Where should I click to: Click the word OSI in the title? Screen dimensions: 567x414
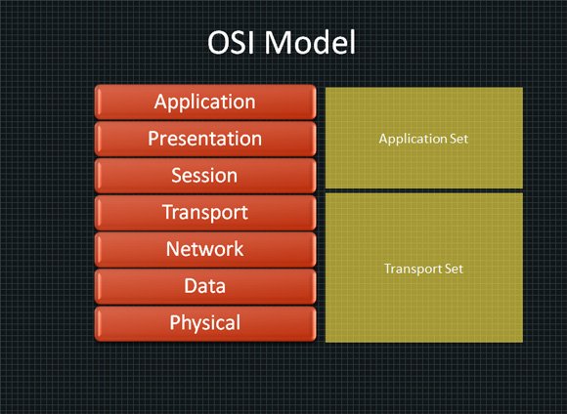233,42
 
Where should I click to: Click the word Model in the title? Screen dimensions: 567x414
310,42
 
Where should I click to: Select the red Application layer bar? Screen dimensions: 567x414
205,102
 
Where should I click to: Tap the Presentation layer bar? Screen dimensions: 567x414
205,139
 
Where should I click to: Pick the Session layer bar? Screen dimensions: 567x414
205,176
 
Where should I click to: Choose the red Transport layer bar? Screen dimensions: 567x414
205,213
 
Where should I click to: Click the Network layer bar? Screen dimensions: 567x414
205,249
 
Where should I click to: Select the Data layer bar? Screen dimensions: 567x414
205,286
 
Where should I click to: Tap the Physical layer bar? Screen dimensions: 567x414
205,323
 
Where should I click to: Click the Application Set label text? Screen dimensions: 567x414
423,139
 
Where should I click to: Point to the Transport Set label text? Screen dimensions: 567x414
423,269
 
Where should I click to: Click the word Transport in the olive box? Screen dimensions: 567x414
413,269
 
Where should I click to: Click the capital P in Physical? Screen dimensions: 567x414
175,322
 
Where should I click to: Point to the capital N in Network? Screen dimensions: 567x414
173,249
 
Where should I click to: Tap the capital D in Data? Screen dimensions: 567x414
191,286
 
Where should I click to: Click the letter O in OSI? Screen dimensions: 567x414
220,43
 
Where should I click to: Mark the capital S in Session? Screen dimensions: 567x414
176,175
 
